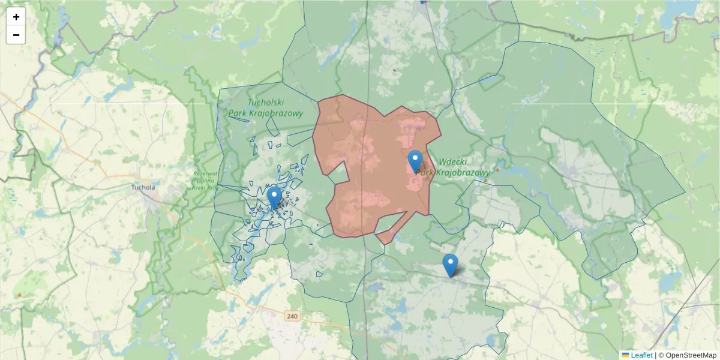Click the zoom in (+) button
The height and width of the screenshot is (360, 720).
[16, 17]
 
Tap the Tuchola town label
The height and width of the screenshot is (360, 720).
[143, 187]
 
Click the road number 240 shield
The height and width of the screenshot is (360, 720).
[292, 316]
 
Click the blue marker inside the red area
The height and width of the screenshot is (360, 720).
[415, 161]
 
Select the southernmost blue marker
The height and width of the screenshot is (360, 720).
[450, 265]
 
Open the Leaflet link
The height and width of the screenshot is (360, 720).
[641, 355]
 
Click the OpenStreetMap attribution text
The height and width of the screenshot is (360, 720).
[691, 355]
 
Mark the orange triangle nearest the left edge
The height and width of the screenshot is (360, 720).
[20, 295]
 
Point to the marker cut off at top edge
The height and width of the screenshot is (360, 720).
[422, 2]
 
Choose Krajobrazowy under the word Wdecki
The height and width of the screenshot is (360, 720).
[461, 173]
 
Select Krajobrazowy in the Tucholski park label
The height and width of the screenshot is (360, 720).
[266, 113]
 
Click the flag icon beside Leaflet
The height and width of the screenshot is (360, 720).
[625, 355]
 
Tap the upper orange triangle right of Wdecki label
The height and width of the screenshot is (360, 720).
[497, 169]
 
